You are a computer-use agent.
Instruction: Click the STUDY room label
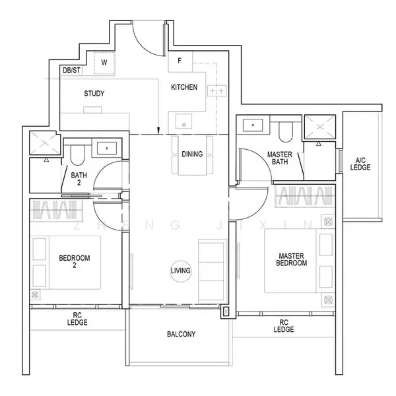94,94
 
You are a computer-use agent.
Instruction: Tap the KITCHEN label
184,87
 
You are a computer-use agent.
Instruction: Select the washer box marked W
104,63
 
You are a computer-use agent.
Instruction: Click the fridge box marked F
180,61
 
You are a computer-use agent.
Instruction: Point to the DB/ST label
71,70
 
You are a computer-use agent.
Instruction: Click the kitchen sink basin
183,121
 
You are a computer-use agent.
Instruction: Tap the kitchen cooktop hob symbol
216,90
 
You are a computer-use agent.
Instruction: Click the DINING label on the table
192,154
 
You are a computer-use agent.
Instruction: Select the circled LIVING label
181,271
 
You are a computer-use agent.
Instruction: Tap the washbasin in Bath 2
107,148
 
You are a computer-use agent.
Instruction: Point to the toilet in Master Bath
285,132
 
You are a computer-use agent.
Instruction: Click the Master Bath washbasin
253,125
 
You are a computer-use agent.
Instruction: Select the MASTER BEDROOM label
292,259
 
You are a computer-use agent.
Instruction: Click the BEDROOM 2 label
75,261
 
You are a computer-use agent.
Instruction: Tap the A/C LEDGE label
360,164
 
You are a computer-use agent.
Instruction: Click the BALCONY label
181,335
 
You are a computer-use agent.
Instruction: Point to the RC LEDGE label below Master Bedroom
284,326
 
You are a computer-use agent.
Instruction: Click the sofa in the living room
212,271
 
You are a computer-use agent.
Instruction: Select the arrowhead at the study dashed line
158,131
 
